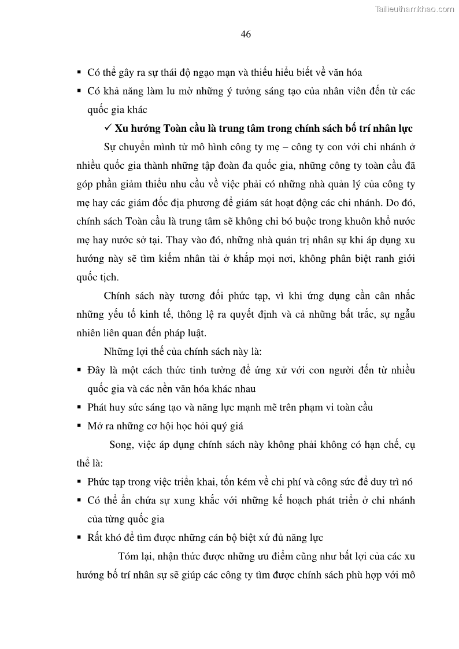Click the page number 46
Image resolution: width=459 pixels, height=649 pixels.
coord(246,34)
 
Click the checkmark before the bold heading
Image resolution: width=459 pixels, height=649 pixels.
coord(108,127)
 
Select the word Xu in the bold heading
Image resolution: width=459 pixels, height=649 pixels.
coord(121,128)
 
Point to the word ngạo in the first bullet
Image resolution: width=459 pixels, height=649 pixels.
coord(207,73)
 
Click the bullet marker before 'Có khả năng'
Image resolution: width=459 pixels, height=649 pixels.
coord(79,91)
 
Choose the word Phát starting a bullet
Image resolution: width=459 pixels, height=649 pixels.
coord(97,407)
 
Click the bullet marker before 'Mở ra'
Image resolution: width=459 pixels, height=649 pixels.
coord(79,427)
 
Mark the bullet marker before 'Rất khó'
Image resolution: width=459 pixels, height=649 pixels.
coord(79,538)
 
